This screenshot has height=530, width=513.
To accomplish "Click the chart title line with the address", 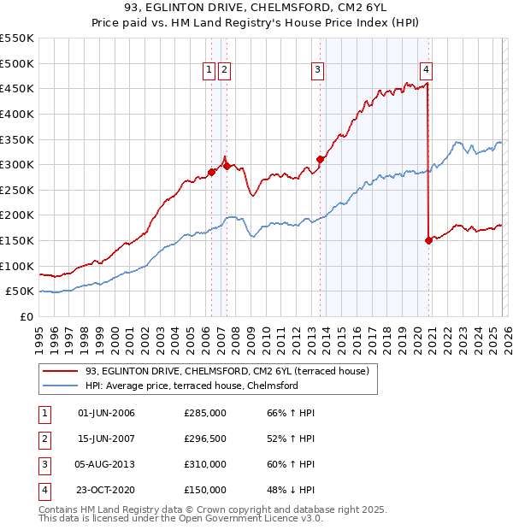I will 256,9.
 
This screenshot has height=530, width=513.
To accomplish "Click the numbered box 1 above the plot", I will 209,71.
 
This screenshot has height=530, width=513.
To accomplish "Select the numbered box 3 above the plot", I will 317,71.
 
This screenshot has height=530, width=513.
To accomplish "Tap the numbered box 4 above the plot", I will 426,71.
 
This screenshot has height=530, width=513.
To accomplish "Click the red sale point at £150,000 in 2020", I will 428,240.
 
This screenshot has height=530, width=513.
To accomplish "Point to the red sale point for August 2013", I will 320,159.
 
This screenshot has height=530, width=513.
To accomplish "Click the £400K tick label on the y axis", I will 16,114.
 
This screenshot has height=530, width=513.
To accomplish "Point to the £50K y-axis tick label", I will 19,291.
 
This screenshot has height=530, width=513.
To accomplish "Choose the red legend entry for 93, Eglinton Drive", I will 227,371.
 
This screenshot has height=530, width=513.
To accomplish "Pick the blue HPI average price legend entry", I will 191,386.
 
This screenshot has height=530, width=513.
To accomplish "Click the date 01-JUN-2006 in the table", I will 106,413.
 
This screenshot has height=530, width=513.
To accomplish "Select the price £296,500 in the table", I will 204,439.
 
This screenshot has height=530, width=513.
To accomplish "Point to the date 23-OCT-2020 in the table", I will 106,491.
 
